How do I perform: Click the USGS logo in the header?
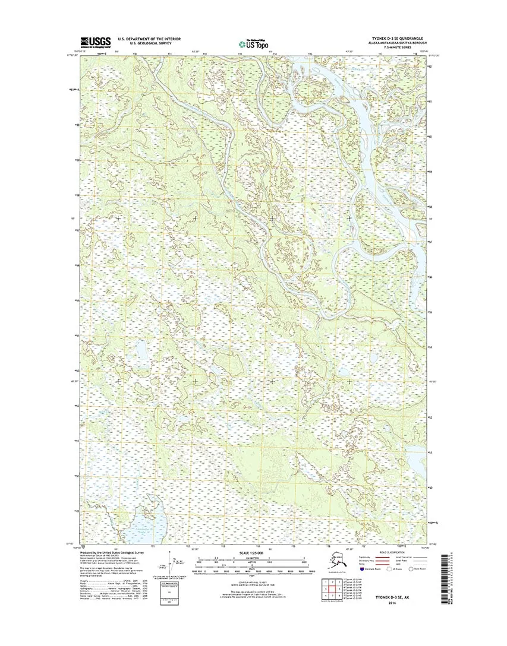[95, 41]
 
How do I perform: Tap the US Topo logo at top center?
[253, 43]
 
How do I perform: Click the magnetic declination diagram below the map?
[172, 564]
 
